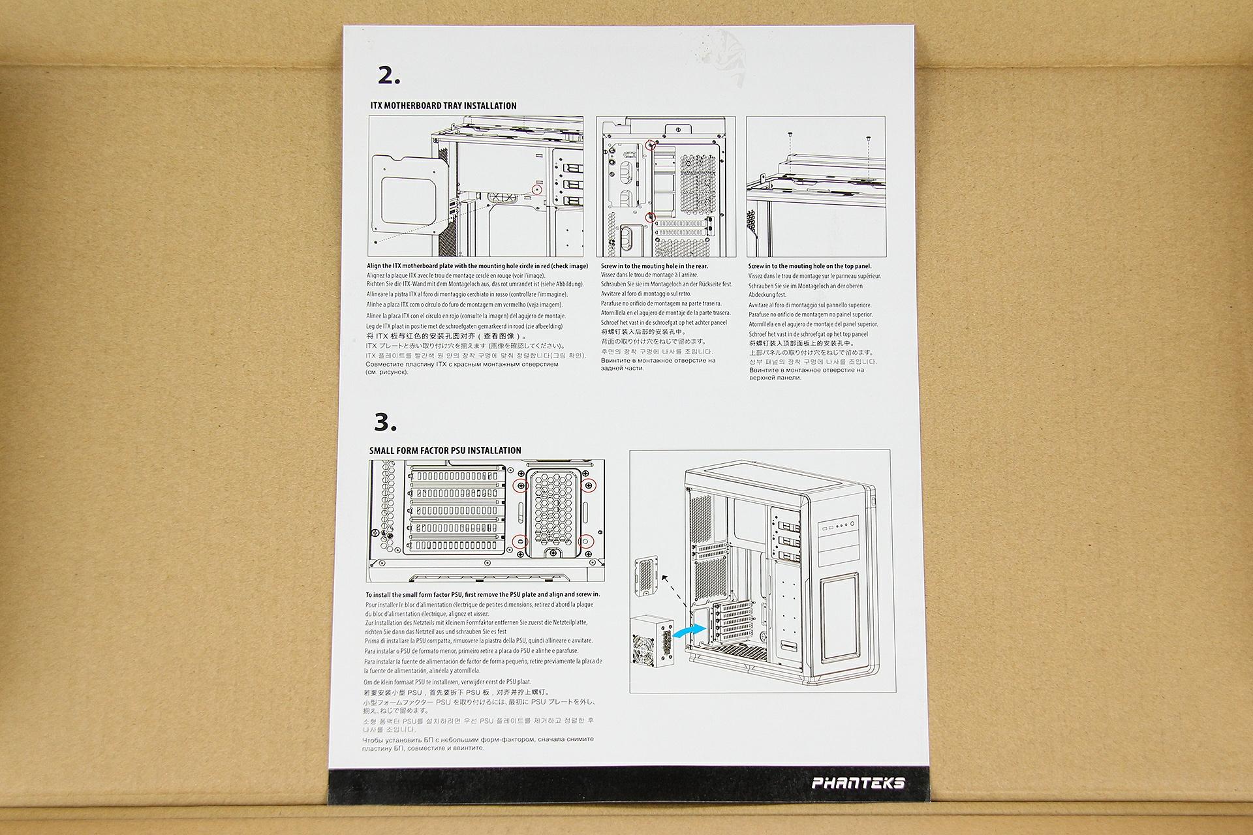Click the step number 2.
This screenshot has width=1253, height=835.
(x=389, y=76)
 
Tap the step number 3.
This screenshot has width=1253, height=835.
(x=385, y=423)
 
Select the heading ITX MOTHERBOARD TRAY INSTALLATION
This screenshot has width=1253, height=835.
(x=443, y=106)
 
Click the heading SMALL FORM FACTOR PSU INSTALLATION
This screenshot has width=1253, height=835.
(x=445, y=451)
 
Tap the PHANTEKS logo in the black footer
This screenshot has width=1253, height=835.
(x=858, y=783)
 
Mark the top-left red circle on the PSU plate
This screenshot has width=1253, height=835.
(x=520, y=485)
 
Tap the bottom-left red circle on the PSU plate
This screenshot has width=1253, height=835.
(x=520, y=540)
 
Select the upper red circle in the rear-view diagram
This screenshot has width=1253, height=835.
(x=649, y=144)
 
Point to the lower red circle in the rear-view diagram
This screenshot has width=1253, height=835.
(x=649, y=217)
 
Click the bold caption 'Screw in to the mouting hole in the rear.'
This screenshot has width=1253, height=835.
(x=654, y=266)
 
